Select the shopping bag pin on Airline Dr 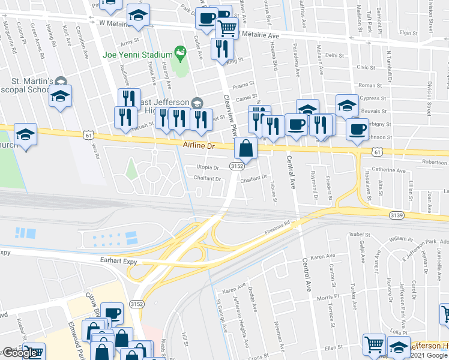pyautogui.click(x=246, y=147)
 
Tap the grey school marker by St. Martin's pyautogui.click(x=61, y=81)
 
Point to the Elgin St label pyautogui.click(x=408, y=34)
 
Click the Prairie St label pyautogui.click(x=240, y=85)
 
